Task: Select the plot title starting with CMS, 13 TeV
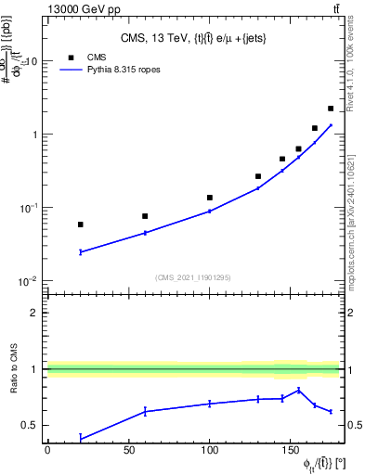194,38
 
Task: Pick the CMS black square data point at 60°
145,216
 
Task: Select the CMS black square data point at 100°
210,198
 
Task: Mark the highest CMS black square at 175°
331,109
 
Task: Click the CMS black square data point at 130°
258,176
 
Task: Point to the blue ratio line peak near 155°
298,390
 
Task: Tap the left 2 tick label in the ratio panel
35,313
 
